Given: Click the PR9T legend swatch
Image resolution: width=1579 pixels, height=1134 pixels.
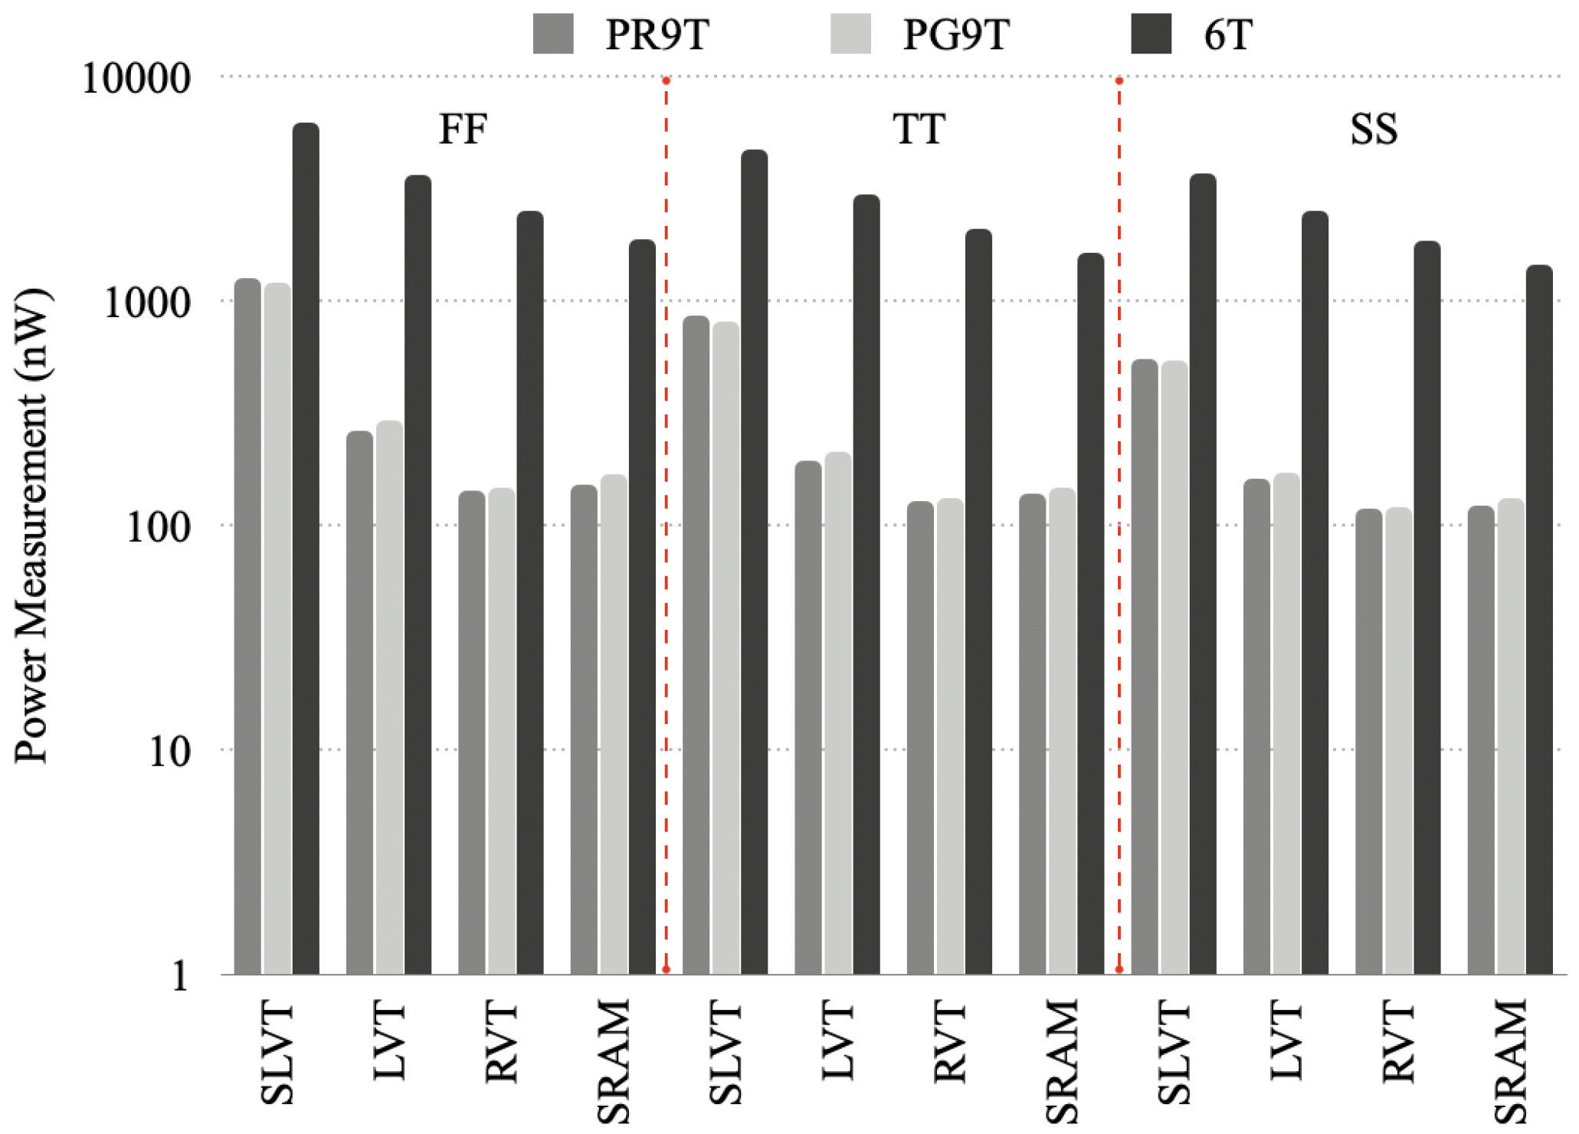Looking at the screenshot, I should pyautogui.click(x=553, y=34).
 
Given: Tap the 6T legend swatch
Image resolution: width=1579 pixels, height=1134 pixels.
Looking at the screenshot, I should pyautogui.click(x=1151, y=34).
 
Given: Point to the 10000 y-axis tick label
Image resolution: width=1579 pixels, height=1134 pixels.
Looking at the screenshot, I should pyautogui.click(x=136, y=78).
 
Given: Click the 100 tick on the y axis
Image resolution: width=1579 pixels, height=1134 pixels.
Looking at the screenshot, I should pyautogui.click(x=158, y=527).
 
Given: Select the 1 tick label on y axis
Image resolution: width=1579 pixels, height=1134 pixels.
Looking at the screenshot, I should pyautogui.click(x=179, y=976).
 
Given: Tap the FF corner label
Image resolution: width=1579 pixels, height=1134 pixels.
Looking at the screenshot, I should pyautogui.click(x=463, y=129).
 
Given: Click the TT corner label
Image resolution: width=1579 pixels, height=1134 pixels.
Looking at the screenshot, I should pyautogui.click(x=919, y=129).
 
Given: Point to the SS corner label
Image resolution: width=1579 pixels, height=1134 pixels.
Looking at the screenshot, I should pyautogui.click(x=1373, y=129).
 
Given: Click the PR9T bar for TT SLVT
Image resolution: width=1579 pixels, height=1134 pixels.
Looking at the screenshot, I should pyautogui.click(x=696, y=644).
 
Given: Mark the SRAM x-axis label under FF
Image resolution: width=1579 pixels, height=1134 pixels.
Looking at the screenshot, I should pyautogui.click(x=614, y=1060).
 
